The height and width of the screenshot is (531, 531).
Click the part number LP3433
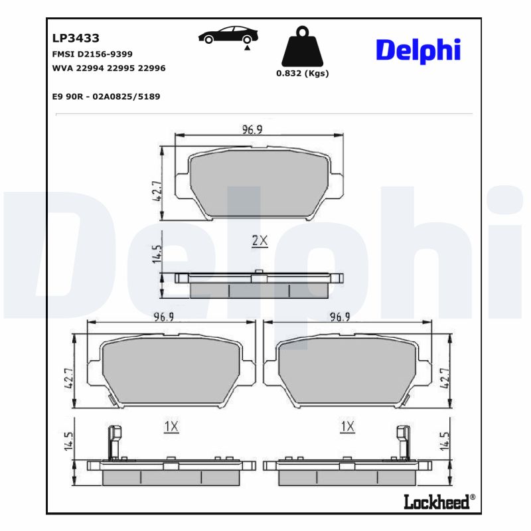coord(76,39)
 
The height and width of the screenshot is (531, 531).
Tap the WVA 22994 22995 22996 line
coord(109,68)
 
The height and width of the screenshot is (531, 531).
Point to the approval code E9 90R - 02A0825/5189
coord(106,96)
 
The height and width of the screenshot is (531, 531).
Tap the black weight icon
coord(302,46)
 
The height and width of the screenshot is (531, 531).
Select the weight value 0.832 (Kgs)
coord(302,74)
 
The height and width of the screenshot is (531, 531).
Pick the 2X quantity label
coord(260,241)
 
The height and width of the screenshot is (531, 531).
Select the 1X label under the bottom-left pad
coord(171,427)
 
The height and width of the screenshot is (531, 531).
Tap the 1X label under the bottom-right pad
coord(346,427)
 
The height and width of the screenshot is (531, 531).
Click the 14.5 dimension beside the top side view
coord(157,255)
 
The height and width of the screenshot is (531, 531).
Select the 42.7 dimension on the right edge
coord(445,378)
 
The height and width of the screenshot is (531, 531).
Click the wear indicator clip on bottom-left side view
coord(114,441)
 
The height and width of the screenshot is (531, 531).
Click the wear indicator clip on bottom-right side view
coord(403,441)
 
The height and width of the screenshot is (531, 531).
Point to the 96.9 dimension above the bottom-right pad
coord(341,317)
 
